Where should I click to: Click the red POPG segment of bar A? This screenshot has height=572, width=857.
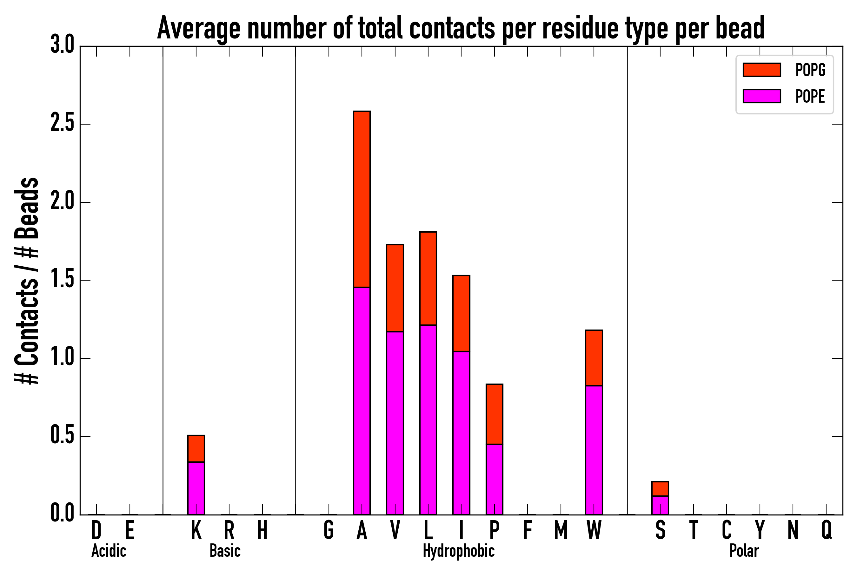362,199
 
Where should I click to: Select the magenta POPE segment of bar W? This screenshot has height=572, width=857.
594,450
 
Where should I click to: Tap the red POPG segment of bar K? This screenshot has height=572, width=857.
196,449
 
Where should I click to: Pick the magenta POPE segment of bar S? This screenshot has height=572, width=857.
660,505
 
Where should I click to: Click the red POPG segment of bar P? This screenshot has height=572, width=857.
494,414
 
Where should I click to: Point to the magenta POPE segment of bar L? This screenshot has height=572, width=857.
428,419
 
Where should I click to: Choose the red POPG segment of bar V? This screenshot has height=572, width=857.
395,288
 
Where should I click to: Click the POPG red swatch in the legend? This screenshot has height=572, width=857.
761,70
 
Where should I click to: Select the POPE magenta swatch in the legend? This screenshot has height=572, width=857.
761,96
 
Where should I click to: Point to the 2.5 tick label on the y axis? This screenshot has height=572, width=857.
62,124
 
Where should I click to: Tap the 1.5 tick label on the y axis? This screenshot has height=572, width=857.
62,280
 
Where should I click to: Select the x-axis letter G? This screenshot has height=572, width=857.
328,530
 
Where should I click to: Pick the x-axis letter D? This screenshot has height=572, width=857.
96,530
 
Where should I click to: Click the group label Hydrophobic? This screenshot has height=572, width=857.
458,551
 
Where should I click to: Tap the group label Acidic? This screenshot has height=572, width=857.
109,551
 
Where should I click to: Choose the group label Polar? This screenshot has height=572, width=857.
744,551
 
